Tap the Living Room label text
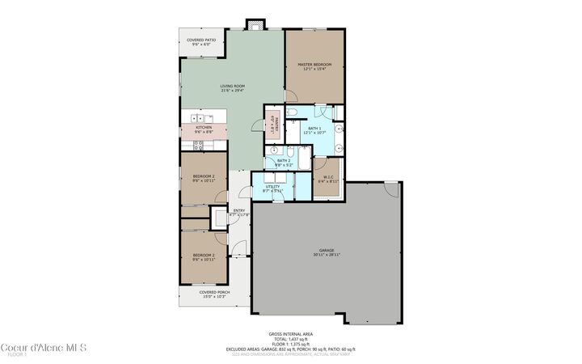233,87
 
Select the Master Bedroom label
314,66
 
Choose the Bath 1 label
315,130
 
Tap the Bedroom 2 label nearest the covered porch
203,257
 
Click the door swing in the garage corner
391,189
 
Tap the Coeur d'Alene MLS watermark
44,348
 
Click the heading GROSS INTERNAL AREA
291,333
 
